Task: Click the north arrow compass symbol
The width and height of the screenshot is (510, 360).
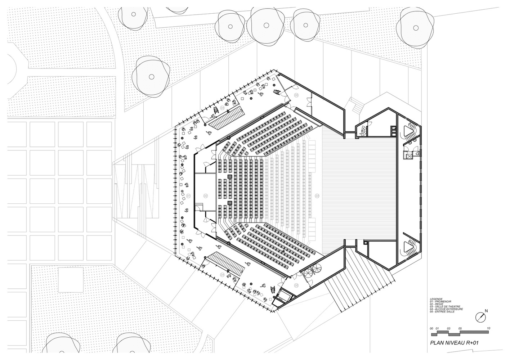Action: tap(481, 317)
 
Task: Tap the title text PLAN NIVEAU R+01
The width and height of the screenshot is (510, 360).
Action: tap(455, 343)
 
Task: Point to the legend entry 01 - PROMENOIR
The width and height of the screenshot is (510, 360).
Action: tap(440, 301)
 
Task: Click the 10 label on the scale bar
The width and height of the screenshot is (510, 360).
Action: tap(488, 329)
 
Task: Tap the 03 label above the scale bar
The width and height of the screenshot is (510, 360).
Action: tap(449, 329)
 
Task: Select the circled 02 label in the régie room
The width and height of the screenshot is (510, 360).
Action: tap(206, 196)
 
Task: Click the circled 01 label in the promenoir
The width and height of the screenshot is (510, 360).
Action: tap(188, 196)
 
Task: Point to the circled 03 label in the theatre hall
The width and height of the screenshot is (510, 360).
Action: tap(317, 196)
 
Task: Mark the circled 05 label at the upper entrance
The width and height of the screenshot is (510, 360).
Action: tap(296, 95)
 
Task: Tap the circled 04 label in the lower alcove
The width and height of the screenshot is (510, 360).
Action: tap(222, 275)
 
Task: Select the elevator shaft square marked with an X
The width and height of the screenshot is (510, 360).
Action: tap(408, 155)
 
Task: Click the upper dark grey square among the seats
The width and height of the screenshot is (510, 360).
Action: tap(229, 176)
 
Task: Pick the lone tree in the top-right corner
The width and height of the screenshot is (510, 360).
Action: tap(415, 27)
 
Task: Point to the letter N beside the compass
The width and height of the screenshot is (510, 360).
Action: tap(486, 311)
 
